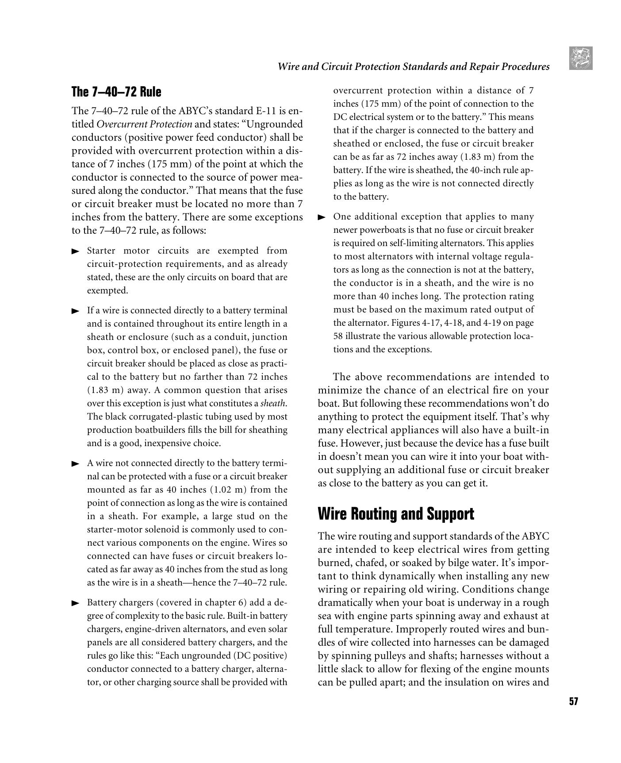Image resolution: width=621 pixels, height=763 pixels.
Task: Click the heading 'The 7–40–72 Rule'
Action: (x=116, y=92)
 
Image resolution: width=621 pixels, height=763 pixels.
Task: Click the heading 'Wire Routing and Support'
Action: (x=396, y=514)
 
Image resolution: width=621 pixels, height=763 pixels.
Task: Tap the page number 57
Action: (x=573, y=701)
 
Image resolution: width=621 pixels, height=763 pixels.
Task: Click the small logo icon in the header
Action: (x=581, y=58)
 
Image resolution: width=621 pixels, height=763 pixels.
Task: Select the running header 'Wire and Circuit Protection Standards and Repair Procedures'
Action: (x=413, y=67)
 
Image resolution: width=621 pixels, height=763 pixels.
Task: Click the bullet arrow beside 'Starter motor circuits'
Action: (x=76, y=251)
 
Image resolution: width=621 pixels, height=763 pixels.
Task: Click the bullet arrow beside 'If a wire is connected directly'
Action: (x=76, y=311)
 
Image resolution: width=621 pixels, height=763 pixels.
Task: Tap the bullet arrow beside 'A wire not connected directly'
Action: (x=76, y=464)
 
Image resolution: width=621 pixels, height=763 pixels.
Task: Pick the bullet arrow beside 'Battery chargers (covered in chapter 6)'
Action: (x=76, y=603)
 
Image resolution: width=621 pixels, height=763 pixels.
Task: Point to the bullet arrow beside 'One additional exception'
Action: (x=322, y=217)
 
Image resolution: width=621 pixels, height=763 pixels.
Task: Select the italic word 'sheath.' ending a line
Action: (x=273, y=404)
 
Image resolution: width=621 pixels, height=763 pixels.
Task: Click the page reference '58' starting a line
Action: (x=338, y=336)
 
